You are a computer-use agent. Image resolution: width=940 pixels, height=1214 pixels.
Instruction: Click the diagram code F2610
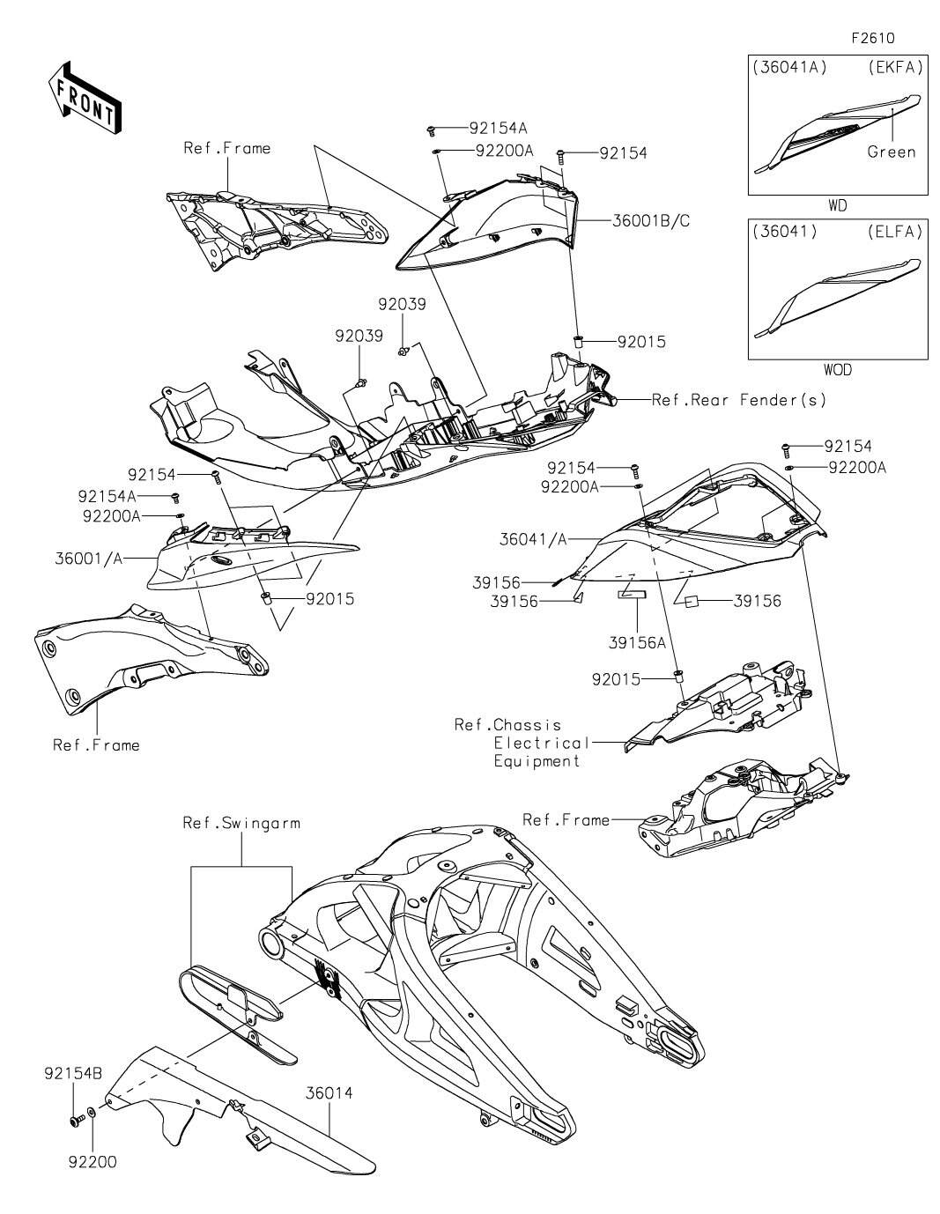pos(872,38)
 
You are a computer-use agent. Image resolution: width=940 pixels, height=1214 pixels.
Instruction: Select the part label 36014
pos(329,1092)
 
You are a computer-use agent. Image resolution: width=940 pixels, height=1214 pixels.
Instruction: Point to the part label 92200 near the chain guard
pos(93,1162)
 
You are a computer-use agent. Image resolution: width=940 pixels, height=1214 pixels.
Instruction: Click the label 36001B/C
pos(651,221)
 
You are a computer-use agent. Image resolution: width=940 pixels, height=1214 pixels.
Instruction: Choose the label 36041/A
pos(533,539)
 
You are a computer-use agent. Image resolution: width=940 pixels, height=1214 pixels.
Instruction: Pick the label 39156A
pos(637,643)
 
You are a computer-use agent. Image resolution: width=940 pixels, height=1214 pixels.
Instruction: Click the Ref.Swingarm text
pos(241,823)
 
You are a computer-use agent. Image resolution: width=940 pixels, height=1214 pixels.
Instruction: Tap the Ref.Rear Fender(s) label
pos(739,400)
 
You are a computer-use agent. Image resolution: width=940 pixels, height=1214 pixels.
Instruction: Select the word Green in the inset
pos(892,152)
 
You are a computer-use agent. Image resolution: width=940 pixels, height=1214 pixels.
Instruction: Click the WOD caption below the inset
pos(838,370)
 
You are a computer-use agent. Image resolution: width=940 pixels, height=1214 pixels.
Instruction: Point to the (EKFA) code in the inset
pos(895,68)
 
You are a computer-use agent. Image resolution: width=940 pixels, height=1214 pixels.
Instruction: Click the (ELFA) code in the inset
pos(895,232)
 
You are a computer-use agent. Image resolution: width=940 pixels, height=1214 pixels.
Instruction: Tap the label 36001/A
pos(89,559)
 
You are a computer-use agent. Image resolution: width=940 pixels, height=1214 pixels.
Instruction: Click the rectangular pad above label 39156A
pos(632,595)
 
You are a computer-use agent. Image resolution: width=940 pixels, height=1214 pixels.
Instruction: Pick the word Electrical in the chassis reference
pos(541,743)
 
